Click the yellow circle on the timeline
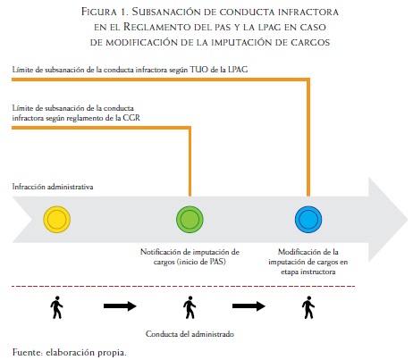57,220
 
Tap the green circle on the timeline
190,220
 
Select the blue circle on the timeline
308,220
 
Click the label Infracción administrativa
53,187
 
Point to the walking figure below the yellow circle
56,307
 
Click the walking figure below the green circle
190,307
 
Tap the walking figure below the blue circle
308,307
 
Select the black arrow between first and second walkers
120,306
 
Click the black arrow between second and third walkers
249,306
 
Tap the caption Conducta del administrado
190,334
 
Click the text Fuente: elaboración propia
70,352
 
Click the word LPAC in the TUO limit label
238,70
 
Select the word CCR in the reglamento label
131,118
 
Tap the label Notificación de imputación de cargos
190,256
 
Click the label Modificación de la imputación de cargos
308,262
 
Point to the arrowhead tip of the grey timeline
408,220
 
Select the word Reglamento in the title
157,27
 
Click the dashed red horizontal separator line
183,286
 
